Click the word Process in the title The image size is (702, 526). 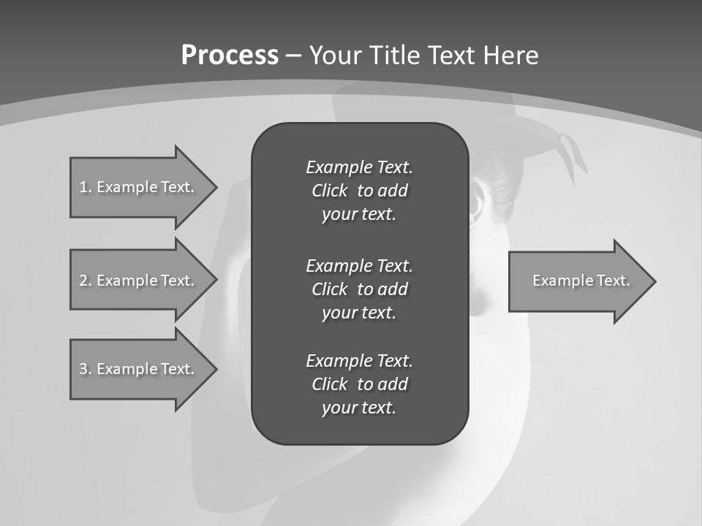click(230, 56)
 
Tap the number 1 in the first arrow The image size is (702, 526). click(83, 187)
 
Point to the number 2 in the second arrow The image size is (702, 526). click(83, 281)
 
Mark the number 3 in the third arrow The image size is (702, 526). click(83, 369)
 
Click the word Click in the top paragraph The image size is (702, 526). click(329, 191)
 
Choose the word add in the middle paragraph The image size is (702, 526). click(392, 289)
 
